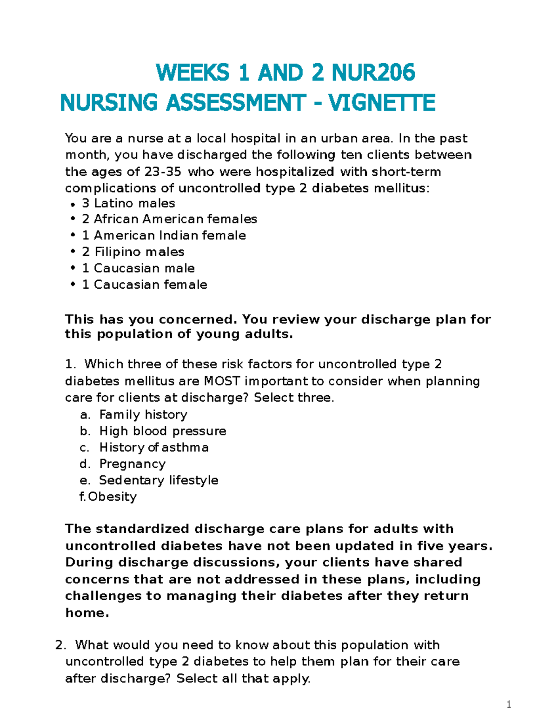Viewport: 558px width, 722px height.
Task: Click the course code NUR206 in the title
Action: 373,73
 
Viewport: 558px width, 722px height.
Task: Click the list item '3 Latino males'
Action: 128,203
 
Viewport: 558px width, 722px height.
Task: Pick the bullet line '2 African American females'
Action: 169,219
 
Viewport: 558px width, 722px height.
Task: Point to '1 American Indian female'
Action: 164,235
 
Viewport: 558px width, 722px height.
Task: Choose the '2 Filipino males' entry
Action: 133,252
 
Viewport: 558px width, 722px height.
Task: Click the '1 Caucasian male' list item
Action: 138,268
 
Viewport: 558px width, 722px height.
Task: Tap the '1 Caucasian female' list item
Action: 144,285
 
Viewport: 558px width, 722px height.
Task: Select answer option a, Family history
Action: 143,414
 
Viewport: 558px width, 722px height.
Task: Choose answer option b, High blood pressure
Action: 162,431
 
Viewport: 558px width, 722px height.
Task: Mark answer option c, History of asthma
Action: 153,447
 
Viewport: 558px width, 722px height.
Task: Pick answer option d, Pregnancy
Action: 132,464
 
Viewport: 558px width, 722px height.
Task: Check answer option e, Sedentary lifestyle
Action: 158,480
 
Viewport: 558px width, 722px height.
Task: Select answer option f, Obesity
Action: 112,497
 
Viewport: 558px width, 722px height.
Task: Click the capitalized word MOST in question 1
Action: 222,381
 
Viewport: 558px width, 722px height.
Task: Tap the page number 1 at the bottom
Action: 509,704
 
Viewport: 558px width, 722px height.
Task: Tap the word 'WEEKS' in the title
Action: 193,73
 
